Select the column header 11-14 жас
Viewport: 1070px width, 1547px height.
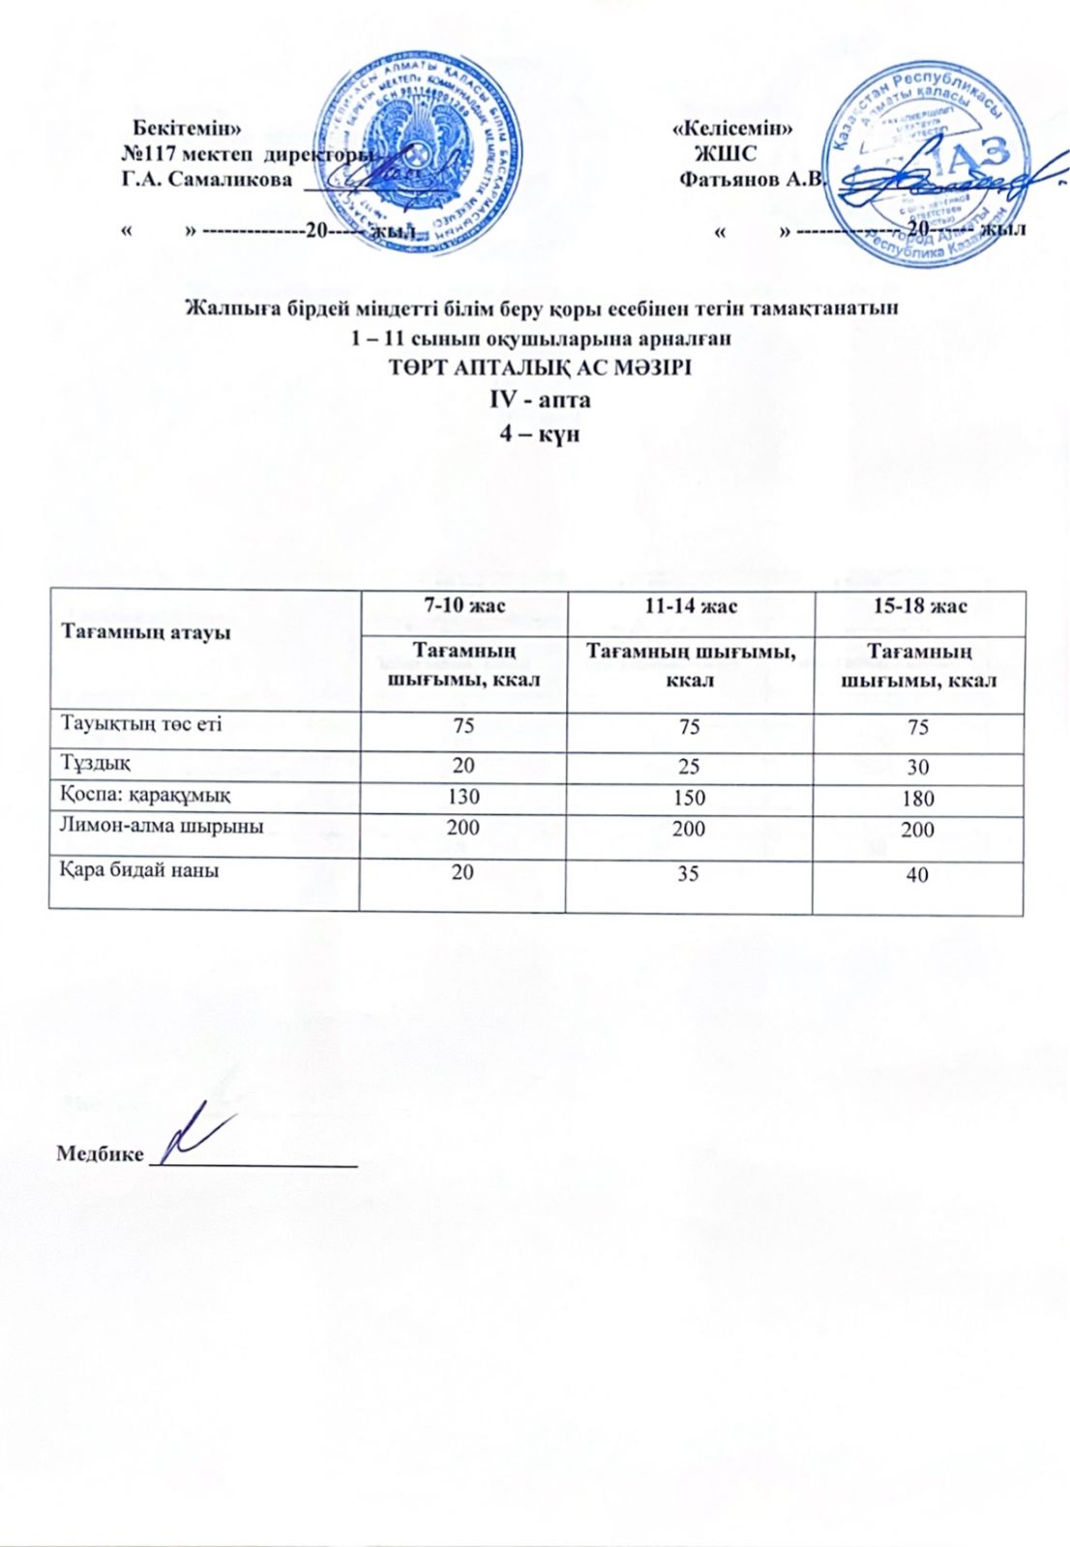[691, 606]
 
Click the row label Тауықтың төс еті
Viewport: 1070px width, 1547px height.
[141, 724]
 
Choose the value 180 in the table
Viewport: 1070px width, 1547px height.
[917, 799]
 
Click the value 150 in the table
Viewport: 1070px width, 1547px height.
[689, 798]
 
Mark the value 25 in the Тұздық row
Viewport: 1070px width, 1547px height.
[689, 767]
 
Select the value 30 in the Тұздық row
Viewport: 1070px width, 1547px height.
[917, 768]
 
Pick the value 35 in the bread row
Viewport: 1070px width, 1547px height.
[688, 873]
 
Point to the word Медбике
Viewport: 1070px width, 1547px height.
[100, 1153]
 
